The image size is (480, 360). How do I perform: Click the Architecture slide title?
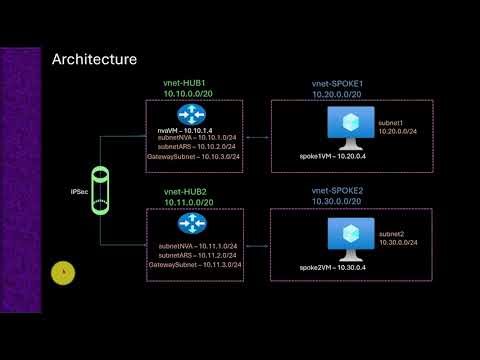(x=94, y=60)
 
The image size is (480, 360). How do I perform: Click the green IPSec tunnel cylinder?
(x=100, y=190)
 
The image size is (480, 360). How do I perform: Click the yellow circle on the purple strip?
(x=63, y=272)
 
